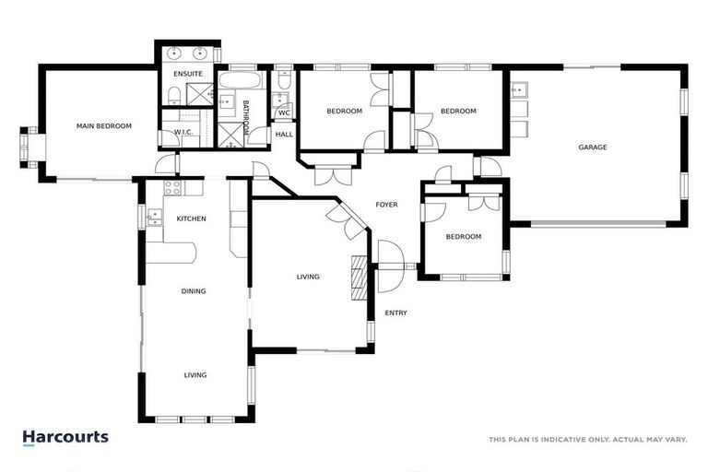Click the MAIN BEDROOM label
point(104,126)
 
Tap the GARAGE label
point(592,147)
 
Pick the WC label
point(284,113)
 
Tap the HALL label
point(284,135)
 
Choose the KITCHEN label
point(191,218)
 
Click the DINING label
point(194,291)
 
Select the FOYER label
point(387,205)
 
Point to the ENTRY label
point(395,313)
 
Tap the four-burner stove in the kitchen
point(171,187)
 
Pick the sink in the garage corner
point(519,90)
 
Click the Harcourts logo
point(65,438)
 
